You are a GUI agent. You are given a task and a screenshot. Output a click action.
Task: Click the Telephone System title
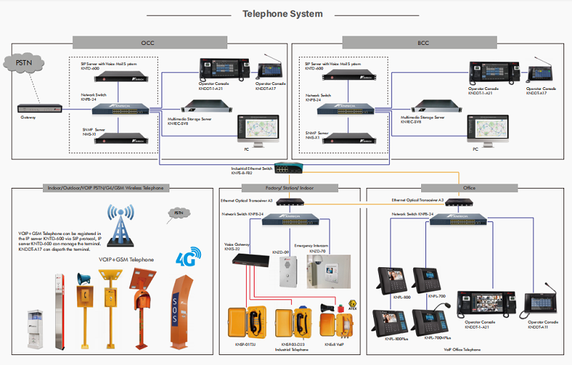[x=282, y=14]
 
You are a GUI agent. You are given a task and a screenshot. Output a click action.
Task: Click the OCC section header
[x=148, y=43]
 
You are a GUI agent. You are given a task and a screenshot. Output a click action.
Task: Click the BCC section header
[x=423, y=43]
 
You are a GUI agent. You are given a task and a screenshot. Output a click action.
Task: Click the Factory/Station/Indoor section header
[x=289, y=188]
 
